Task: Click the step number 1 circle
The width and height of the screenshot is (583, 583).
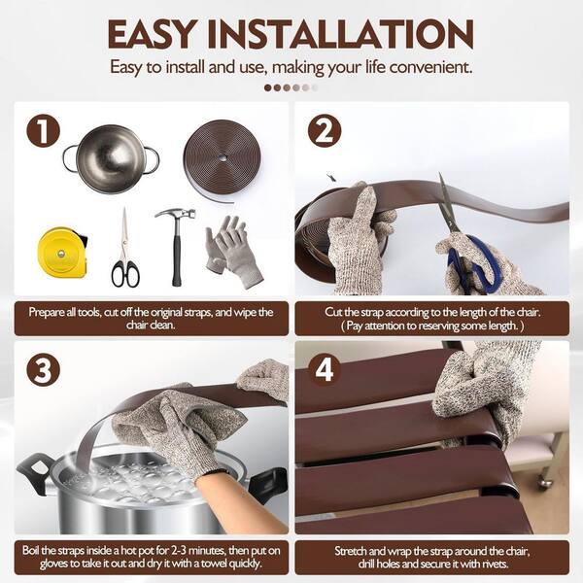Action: coord(43,130)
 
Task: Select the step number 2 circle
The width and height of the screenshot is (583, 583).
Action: coord(325,131)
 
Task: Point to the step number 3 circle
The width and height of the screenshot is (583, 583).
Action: coord(44,370)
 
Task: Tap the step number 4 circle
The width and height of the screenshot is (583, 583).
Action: coord(325,369)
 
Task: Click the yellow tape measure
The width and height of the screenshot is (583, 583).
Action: coord(63,255)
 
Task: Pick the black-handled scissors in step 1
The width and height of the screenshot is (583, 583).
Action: coord(125,249)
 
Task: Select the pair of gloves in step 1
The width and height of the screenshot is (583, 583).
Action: coord(232,251)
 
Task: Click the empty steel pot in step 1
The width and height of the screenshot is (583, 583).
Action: coord(112,158)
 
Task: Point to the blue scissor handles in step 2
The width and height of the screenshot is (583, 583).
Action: coord(473,261)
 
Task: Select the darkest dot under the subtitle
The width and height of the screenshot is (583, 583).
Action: coord(268,87)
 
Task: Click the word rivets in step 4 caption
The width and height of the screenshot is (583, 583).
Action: coord(487,565)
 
